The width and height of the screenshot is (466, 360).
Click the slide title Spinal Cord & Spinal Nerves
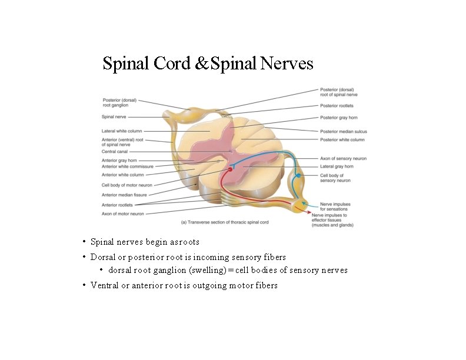click(x=208, y=63)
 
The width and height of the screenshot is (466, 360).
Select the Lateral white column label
click(x=122, y=131)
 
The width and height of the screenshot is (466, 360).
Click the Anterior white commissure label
click(x=127, y=166)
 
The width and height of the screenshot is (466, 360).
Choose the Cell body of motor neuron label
click(x=127, y=185)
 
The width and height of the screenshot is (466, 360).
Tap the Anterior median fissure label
click(x=125, y=195)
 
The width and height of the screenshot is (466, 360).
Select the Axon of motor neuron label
click(x=122, y=214)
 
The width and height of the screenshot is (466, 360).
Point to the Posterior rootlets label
click(x=337, y=106)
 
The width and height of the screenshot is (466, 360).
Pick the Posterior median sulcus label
click(x=343, y=131)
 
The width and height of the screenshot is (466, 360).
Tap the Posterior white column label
click(x=342, y=139)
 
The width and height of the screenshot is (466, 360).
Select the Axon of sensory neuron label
click(x=343, y=158)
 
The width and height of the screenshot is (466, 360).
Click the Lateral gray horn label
click(x=337, y=166)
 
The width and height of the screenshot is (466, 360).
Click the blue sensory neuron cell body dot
click(x=298, y=175)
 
